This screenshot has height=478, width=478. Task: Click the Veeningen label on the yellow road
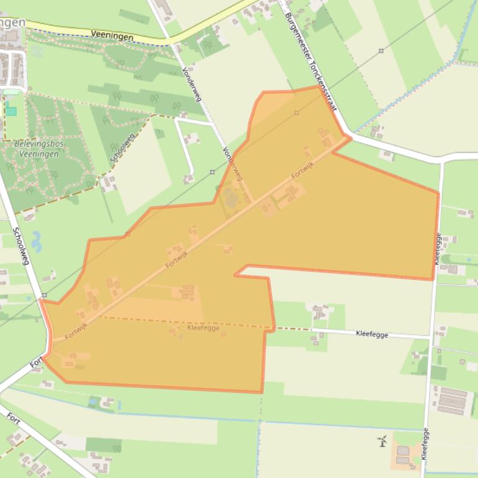(x=112, y=37)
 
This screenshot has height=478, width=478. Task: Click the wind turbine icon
(x=382, y=441)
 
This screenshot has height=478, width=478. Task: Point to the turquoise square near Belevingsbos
(x=11, y=111)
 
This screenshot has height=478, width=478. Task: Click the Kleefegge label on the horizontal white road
(x=372, y=334)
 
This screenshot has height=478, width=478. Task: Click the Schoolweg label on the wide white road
(x=21, y=246)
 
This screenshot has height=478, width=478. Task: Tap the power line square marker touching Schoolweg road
(x=45, y=295)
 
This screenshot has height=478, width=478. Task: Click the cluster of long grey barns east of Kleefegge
(x=452, y=400)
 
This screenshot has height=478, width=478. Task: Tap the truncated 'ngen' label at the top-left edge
(x=12, y=22)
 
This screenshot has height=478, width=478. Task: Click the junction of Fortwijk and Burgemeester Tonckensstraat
(x=348, y=138)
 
